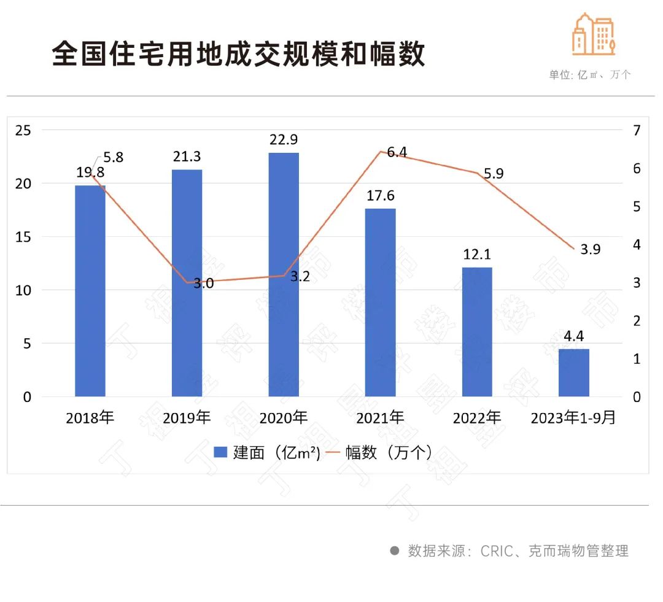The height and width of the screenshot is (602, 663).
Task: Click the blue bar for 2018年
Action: point(90,291)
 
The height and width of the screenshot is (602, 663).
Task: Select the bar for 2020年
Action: point(283,274)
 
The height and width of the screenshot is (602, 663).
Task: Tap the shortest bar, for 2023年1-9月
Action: point(573,372)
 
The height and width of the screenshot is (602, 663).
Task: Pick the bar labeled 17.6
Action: point(380,303)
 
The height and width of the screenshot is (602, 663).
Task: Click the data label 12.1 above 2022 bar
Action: point(477,254)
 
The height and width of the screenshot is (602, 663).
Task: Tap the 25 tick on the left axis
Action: point(24,130)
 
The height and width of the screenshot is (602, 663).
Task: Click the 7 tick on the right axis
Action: point(637,130)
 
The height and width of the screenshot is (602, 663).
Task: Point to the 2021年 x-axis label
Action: point(380,419)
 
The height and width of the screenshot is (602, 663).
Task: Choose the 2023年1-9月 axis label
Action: point(573,419)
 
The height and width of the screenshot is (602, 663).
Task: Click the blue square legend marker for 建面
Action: point(220,453)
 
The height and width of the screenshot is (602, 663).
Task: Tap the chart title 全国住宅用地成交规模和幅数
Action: point(238,54)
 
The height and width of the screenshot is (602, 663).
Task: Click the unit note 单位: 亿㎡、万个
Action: point(589,75)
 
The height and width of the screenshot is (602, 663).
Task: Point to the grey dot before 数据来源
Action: point(395,550)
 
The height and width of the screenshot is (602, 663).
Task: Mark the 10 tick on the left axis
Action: point(24,290)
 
